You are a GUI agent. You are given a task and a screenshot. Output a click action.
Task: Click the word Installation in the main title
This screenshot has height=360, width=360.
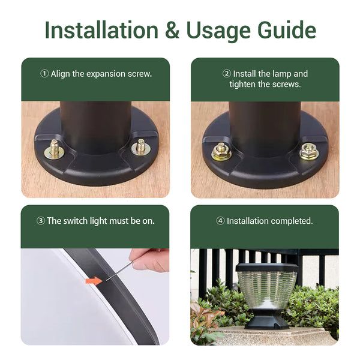pyautogui.click(x=101, y=30)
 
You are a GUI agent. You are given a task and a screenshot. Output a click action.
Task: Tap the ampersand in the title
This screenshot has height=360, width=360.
pyautogui.click(x=172, y=30)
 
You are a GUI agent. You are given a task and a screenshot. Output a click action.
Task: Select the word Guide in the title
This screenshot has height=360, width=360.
pyautogui.click(x=287, y=30)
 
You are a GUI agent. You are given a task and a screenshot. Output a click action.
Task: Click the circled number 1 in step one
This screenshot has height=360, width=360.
pyautogui.click(x=44, y=74)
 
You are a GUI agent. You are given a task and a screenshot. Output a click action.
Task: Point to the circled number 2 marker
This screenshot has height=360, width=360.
pyautogui.click(x=227, y=74)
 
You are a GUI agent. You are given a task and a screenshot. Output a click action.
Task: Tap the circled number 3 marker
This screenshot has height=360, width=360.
pyautogui.click(x=41, y=221)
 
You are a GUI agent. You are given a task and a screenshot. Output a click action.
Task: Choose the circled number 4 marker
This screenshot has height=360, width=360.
pyautogui.click(x=220, y=221)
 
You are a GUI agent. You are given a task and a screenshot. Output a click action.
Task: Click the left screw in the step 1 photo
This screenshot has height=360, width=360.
pyautogui.click(x=55, y=149)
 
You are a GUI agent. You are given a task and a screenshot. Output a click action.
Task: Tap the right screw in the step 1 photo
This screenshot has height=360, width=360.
pyautogui.click(x=141, y=147)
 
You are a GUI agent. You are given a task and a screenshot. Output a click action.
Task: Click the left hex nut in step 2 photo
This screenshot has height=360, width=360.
pyautogui.click(x=221, y=151)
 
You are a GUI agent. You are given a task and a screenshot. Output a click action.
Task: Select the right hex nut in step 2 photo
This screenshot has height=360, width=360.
pyautogui.click(x=309, y=151)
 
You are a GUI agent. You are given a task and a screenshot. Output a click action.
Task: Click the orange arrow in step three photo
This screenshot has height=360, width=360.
pyautogui.click(x=94, y=281)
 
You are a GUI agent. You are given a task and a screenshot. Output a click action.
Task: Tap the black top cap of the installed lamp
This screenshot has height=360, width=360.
pyautogui.click(x=267, y=268)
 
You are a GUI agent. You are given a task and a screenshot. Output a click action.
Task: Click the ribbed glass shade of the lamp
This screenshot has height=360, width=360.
pyautogui.click(x=267, y=290)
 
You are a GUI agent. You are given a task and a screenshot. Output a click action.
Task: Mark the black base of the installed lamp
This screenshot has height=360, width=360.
pyautogui.click(x=268, y=320)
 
